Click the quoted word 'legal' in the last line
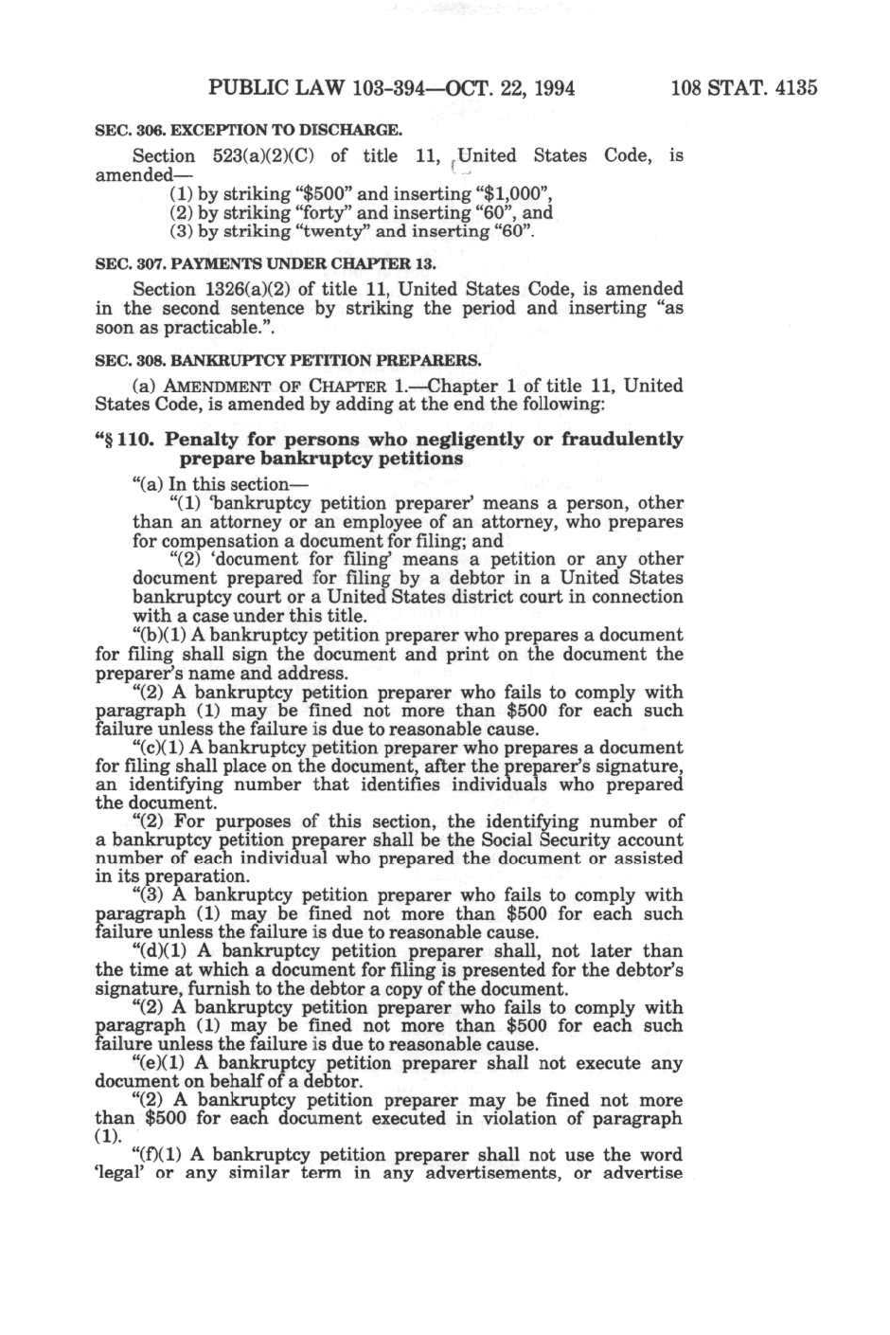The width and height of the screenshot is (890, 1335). click(120, 1174)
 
